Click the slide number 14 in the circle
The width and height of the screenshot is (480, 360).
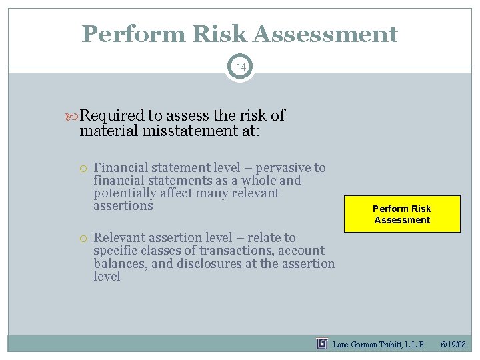click(x=240, y=67)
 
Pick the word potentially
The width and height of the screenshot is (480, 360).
click(x=125, y=193)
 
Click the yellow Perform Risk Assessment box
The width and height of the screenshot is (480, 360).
click(x=402, y=214)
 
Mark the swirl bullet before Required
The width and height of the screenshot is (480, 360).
click(x=73, y=116)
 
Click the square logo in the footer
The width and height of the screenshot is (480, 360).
click(x=322, y=344)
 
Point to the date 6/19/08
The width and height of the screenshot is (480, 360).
click(x=453, y=345)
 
